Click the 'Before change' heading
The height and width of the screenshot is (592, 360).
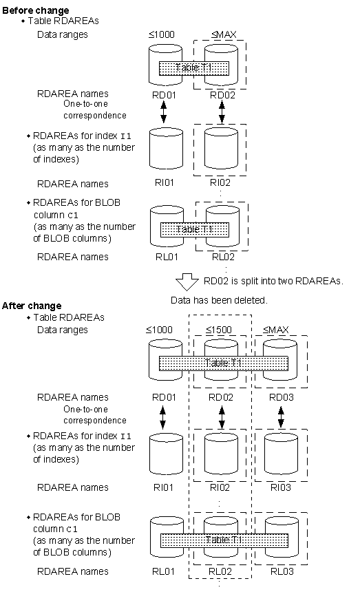point(36,10)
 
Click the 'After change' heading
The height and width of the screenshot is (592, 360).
point(32,306)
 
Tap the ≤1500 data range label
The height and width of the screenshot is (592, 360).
point(220,330)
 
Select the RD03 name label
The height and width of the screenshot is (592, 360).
point(281,397)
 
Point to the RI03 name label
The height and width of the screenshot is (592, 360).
point(281,487)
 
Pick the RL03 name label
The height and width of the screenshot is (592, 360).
point(282,571)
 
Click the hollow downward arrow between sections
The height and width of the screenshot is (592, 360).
point(187,282)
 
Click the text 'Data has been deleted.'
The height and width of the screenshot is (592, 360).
point(219,300)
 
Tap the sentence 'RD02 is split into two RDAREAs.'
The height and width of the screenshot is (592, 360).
point(273,281)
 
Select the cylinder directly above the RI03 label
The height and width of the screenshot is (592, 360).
point(281,454)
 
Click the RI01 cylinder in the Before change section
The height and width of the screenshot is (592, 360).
point(166,149)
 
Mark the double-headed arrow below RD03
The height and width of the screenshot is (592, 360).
point(281,417)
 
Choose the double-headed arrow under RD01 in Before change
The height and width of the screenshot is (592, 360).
point(163,112)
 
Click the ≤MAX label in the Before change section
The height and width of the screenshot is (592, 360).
point(224,34)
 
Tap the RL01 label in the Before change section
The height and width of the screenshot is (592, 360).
point(167,257)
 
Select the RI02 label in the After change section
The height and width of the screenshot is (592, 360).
point(220,487)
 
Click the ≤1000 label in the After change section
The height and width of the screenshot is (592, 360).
point(159,330)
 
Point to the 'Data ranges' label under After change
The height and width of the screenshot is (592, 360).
point(62,330)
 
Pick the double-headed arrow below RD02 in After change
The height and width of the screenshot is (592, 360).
point(222,417)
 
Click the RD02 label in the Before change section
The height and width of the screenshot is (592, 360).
point(222,95)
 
